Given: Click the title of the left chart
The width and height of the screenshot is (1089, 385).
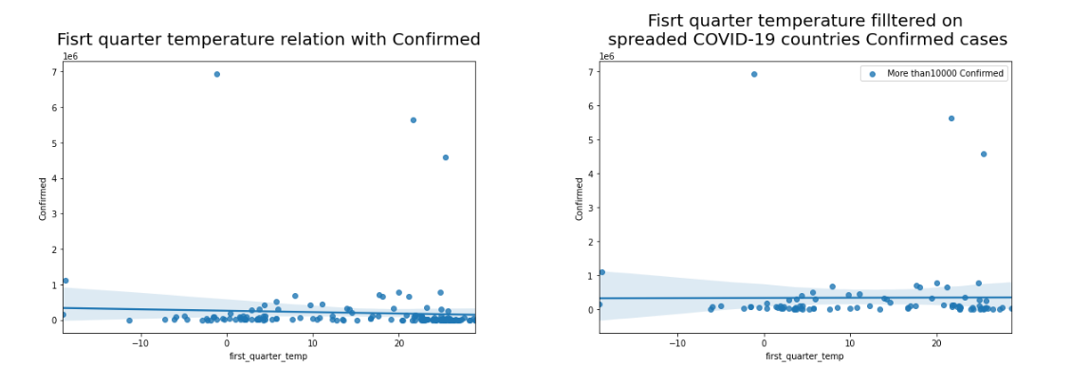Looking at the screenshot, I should tap(268, 40).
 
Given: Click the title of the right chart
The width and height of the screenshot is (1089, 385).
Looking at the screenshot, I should tap(806, 30).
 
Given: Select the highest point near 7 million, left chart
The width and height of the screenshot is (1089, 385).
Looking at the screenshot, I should tap(217, 74).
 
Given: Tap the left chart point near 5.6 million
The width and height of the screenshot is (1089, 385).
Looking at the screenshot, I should tap(413, 120).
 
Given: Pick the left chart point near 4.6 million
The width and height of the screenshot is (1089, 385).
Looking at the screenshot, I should tap(445, 157).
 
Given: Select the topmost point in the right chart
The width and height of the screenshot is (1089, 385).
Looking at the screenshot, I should tap(754, 74).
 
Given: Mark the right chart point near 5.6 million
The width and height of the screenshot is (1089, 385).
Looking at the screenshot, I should tap(951, 119).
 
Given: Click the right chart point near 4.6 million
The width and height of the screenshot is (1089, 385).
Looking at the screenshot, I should tap(984, 154).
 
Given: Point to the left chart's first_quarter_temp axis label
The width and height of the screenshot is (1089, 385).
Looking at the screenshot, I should tap(268, 357).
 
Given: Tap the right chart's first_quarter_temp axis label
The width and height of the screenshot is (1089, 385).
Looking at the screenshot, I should tap(804, 357).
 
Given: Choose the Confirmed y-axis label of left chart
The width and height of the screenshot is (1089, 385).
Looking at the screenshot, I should tap(44, 198).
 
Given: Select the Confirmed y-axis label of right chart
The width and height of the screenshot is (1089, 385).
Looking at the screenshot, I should tap(580, 198).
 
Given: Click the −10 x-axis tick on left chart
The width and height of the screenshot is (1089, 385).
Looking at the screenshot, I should tap(140, 342).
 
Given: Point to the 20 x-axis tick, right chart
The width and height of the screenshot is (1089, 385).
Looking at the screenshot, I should tap(936, 342).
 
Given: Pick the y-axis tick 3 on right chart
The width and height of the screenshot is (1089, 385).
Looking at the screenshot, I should tap(591, 208).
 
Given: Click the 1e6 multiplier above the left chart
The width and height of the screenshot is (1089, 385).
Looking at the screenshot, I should tap(70, 57).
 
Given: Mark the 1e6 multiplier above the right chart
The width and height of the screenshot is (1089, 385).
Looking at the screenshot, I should tap(607, 57).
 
